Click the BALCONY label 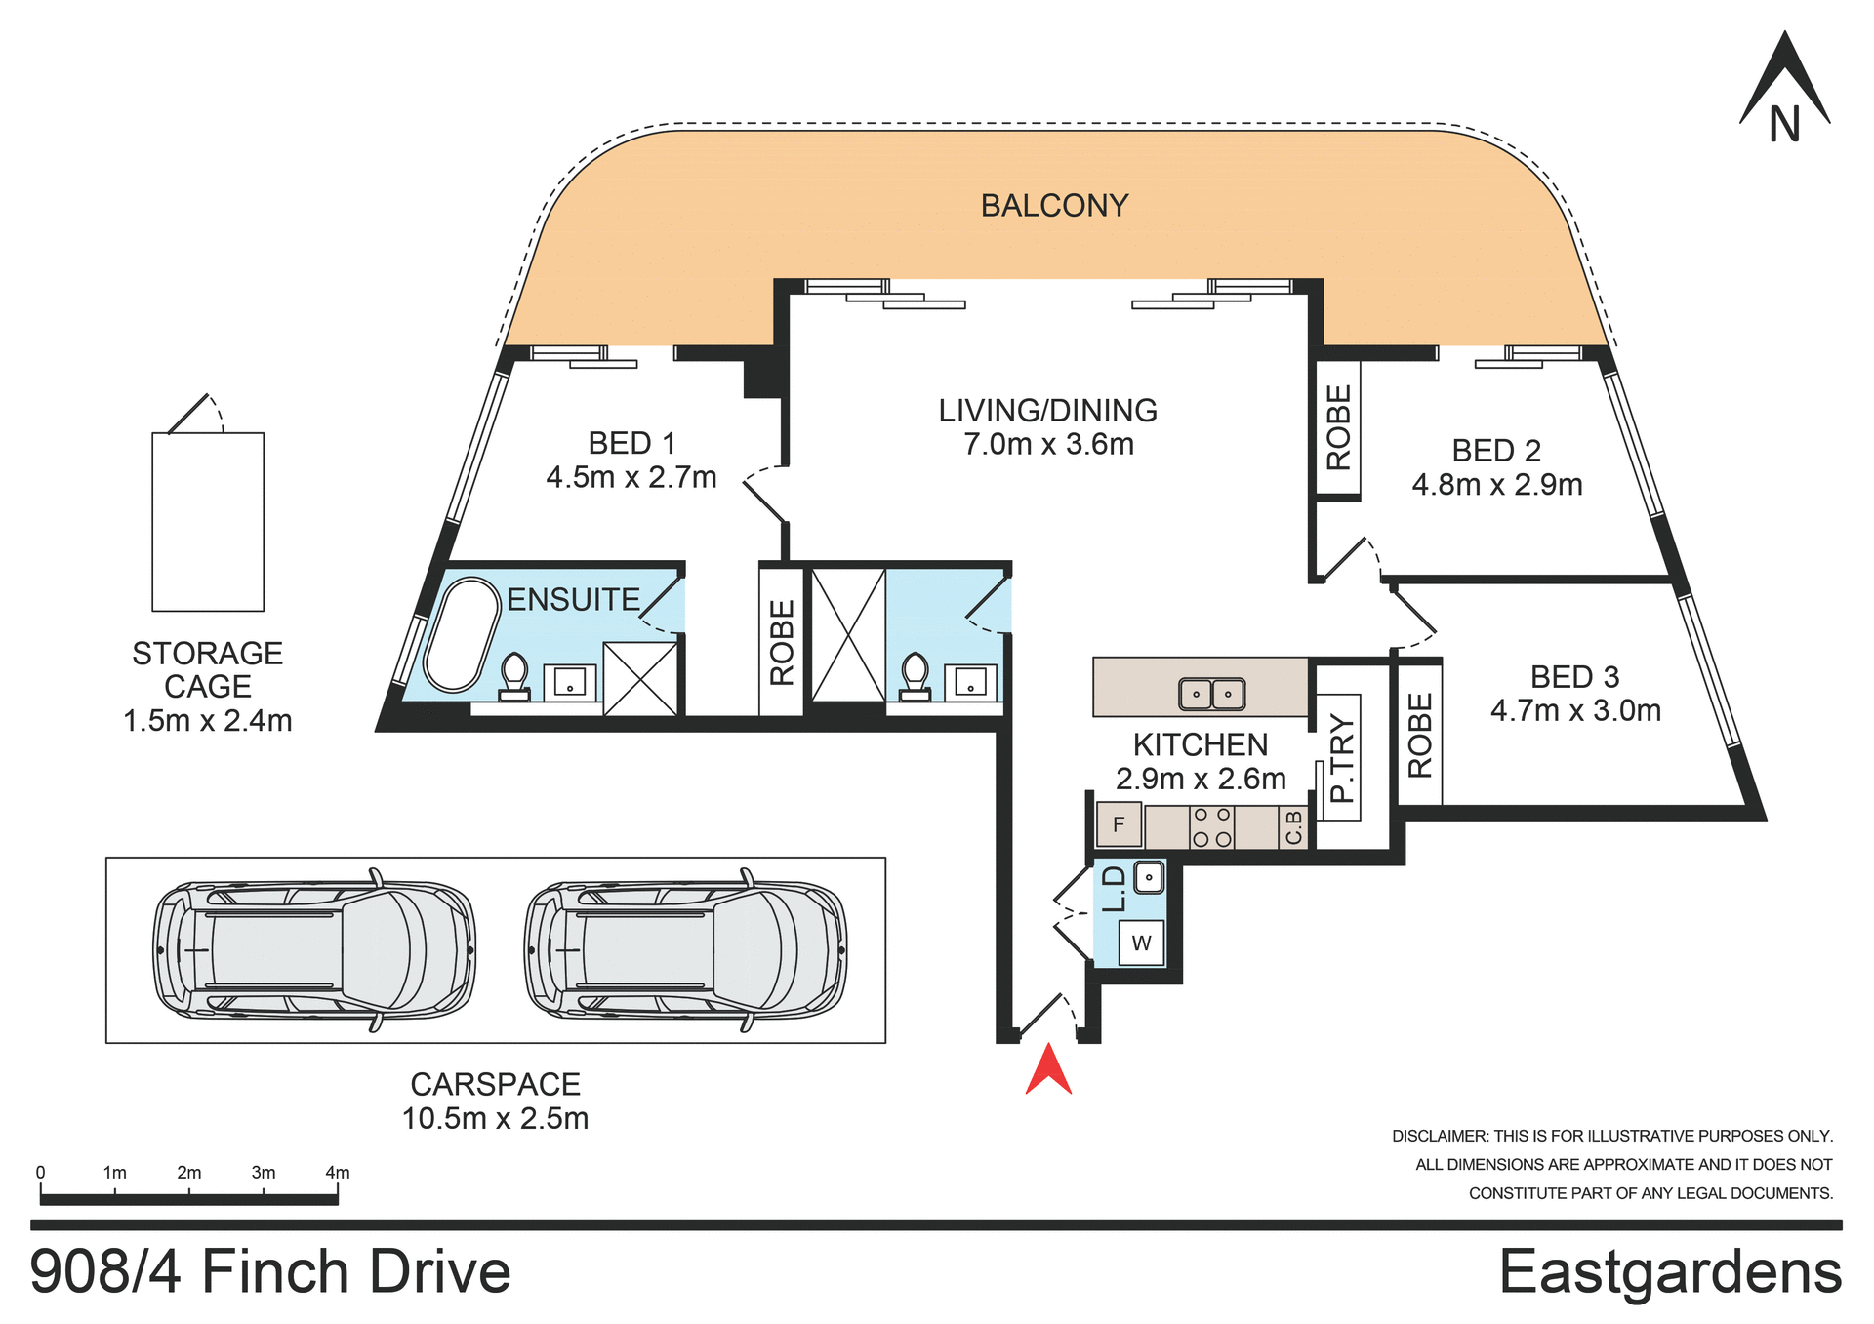[x=1054, y=206]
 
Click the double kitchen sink [x=1211, y=694]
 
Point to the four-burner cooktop [x=1211, y=827]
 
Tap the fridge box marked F [x=1119, y=824]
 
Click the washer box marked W [x=1141, y=943]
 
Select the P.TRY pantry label [x=1342, y=758]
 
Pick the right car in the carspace [x=686, y=949]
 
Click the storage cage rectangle [x=208, y=522]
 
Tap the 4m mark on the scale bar [x=337, y=1174]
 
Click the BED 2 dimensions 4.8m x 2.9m [x=1496, y=485]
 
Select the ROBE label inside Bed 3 [x=1420, y=736]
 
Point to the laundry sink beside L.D [x=1148, y=877]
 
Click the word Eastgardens [x=1670, y=1272]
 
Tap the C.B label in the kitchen [x=1294, y=827]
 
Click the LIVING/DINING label [x=1047, y=411]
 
